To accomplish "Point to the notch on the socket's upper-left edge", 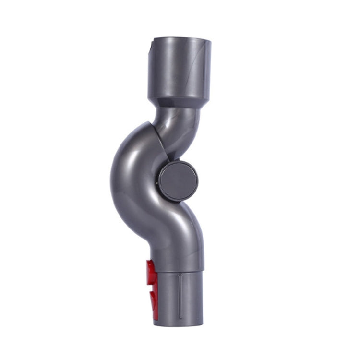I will (x=150, y=47).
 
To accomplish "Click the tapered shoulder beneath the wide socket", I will (x=179, y=103).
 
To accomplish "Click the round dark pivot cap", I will (x=179, y=180).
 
